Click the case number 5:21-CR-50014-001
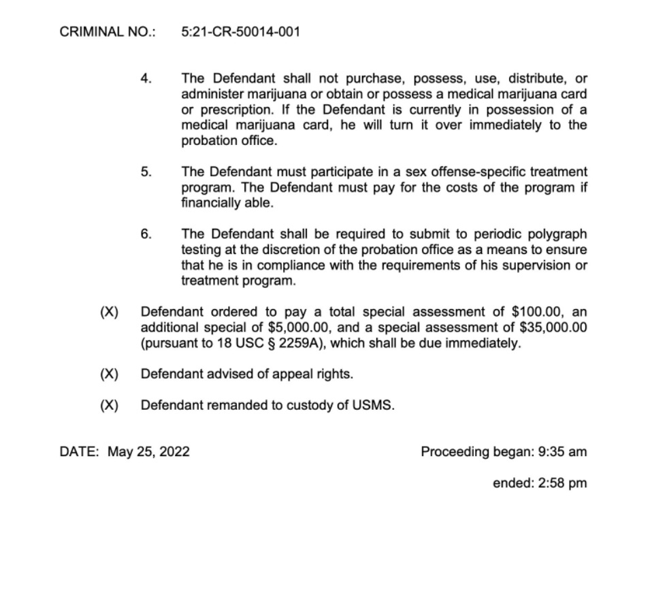coord(241,32)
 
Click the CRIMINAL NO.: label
coord(108,32)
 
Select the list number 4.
coord(146,78)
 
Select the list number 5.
coord(146,172)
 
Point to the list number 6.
coord(146,234)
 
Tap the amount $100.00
coord(536,312)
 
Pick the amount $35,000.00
coord(553,328)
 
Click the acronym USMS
coord(373,406)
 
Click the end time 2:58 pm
coord(559,483)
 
